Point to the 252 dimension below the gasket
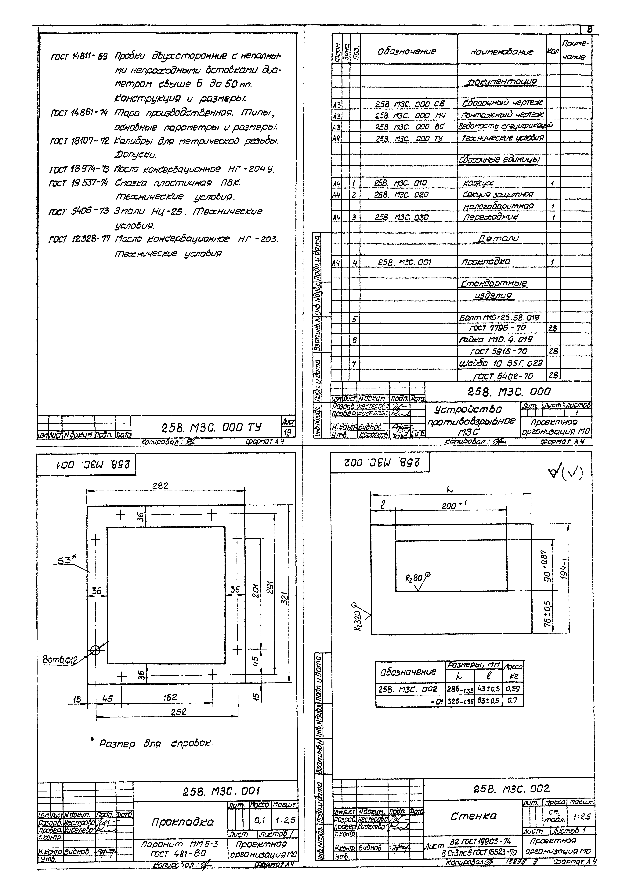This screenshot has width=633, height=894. tap(179, 711)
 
